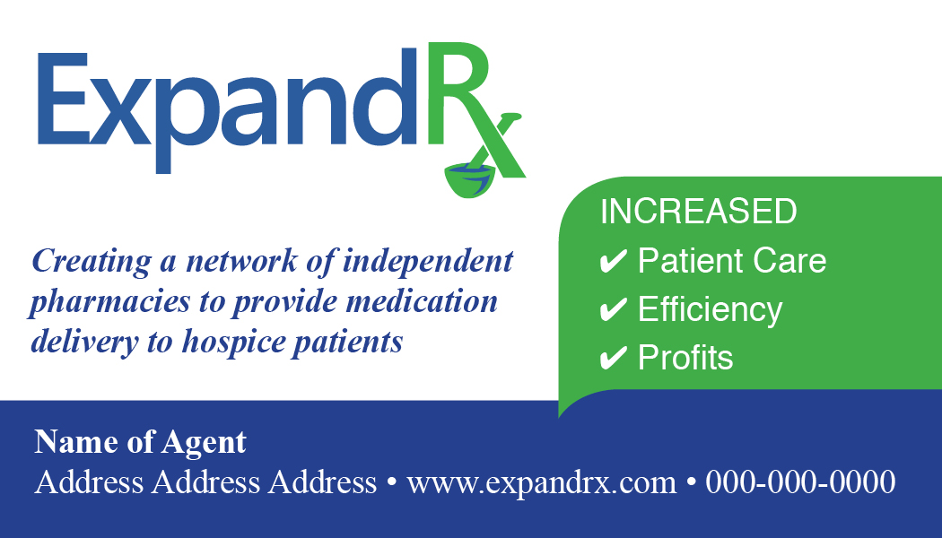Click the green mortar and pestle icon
coord(473,177)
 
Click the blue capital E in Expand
coord(62,99)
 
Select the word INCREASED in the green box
coord(698,212)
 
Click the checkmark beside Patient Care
coord(614,262)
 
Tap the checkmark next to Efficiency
coord(614,310)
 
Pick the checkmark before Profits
coord(614,358)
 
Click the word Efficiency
coord(710,310)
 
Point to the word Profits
coord(685,358)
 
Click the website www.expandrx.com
coord(541,483)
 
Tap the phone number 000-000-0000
coord(800,482)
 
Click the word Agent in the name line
coord(205,444)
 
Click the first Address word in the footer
coord(89,482)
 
